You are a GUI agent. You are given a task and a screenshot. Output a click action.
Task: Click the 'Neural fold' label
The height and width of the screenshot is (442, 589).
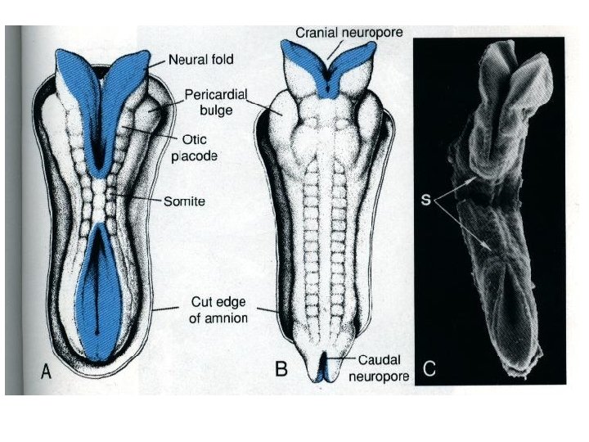pyautogui.click(x=202, y=59)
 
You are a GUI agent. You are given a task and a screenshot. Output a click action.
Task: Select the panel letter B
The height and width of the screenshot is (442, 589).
pyautogui.click(x=282, y=369)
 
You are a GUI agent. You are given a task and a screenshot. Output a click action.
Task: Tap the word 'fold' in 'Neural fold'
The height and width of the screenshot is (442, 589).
pyautogui.click(x=222, y=59)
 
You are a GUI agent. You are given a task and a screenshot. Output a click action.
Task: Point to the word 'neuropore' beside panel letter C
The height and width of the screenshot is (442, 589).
pyautogui.click(x=376, y=376)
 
